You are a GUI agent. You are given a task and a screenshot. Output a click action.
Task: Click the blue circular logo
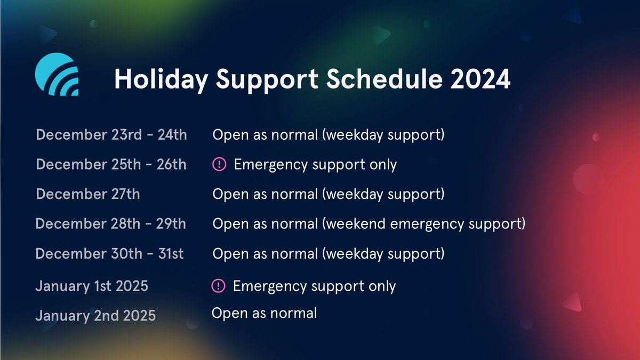click(x=57, y=74)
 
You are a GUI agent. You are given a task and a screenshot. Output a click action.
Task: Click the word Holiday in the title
click(x=161, y=79)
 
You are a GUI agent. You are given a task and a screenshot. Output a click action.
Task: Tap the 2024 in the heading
click(x=481, y=79)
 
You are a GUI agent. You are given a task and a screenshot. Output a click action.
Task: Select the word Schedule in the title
click(x=385, y=78)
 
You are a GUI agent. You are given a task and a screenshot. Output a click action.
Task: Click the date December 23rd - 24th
click(x=111, y=134)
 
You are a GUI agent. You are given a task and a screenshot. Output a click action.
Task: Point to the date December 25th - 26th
click(x=111, y=164)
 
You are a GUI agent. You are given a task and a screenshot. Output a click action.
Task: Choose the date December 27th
click(x=88, y=194)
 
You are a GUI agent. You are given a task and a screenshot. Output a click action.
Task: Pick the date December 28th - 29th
click(x=111, y=223)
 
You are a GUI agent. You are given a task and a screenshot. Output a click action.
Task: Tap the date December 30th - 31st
click(x=109, y=253)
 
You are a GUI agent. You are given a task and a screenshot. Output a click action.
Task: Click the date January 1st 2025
click(x=92, y=286)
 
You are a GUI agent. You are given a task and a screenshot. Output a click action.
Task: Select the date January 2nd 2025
click(x=95, y=316)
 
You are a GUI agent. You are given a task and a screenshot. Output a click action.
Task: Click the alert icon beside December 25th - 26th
click(x=219, y=164)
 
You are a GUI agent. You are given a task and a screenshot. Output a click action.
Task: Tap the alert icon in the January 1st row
click(x=218, y=286)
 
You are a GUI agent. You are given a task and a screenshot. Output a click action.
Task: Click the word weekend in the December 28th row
click(x=356, y=223)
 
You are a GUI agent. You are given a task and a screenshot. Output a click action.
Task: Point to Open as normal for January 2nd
click(x=265, y=313)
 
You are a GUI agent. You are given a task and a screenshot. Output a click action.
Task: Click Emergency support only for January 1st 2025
click(x=314, y=286)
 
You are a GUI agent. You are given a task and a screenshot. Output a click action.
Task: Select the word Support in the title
click(x=267, y=80)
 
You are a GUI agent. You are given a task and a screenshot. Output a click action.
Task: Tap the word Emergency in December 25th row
click(x=271, y=165)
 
